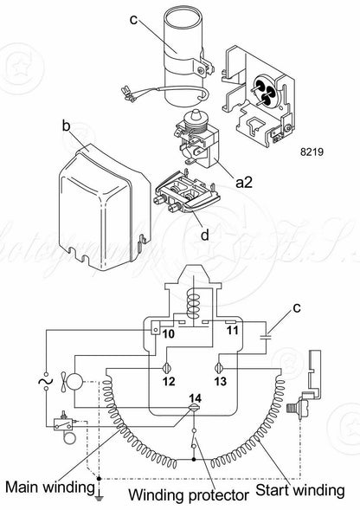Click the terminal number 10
pyautogui.click(x=169, y=333)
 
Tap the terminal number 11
pyautogui.click(x=233, y=331)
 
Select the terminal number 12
pyautogui.click(x=169, y=381)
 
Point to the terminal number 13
pyautogui.click(x=220, y=381)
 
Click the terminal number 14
pyautogui.click(x=196, y=398)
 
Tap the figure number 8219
pyautogui.click(x=312, y=152)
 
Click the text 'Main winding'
pyautogui.click(x=49, y=487)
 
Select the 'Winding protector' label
pyautogui.click(x=189, y=495)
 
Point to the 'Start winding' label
pyautogui.click(x=299, y=490)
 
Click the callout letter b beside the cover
pyautogui.click(x=66, y=126)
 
